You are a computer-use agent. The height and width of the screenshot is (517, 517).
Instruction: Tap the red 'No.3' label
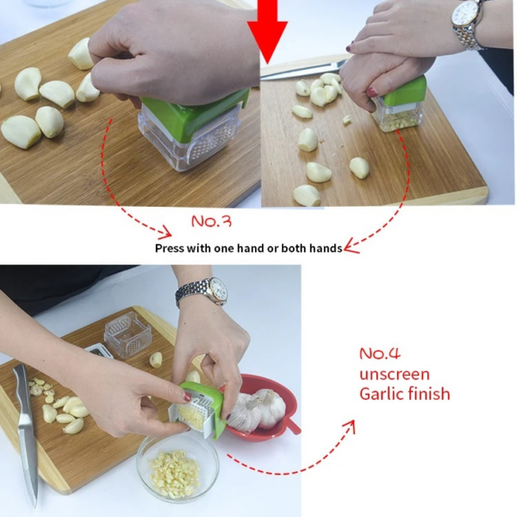[x=211, y=221]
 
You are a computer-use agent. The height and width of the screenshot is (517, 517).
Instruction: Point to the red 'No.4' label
[x=380, y=354]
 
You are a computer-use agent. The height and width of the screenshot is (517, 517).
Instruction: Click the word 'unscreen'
[x=395, y=375]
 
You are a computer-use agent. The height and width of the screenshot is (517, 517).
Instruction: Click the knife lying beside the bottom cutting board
[x=27, y=435]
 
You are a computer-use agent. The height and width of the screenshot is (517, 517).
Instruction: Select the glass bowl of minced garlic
[x=178, y=466]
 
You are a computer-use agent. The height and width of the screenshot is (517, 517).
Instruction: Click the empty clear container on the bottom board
[x=128, y=334]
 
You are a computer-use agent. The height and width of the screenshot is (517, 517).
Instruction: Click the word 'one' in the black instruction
[x=224, y=248]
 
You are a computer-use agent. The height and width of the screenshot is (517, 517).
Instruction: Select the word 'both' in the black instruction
[x=294, y=248]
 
